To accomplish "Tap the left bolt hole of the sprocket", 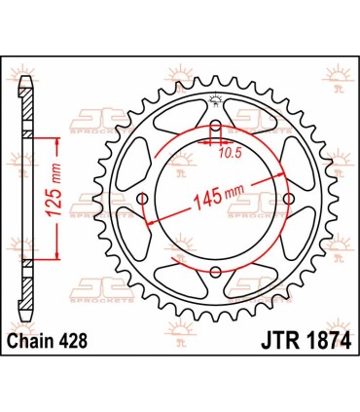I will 143,200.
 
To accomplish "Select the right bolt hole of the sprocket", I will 289,200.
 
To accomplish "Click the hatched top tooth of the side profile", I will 27,90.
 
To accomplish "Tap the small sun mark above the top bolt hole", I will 216,101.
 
